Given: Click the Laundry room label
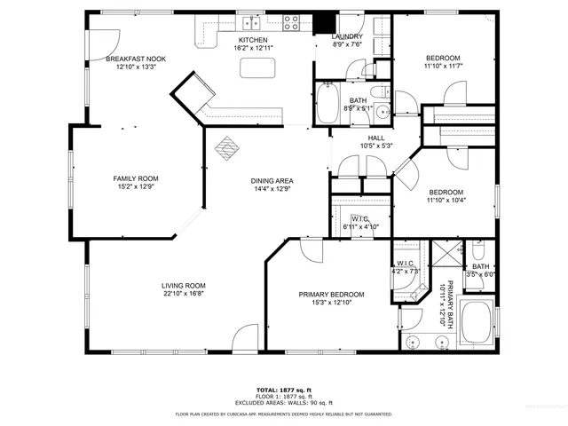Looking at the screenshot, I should point(347,36).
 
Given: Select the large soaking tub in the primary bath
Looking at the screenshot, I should point(477,323).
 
